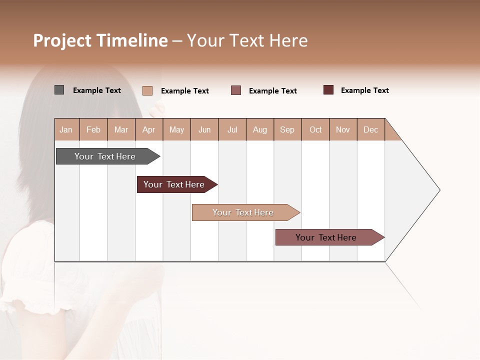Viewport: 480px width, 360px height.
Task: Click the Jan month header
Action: (x=66, y=129)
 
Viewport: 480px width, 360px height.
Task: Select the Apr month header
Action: (x=149, y=129)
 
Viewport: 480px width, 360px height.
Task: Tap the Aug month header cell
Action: (x=260, y=129)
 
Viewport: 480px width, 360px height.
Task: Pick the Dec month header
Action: (x=371, y=129)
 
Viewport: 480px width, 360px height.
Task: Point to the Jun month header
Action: (x=204, y=129)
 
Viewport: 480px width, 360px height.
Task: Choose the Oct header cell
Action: (x=315, y=129)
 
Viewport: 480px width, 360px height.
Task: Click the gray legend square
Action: (x=59, y=90)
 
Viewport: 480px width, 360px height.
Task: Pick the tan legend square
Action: (x=147, y=90)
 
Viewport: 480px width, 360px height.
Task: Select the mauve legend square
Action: (x=236, y=90)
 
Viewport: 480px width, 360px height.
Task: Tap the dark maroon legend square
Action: (x=328, y=90)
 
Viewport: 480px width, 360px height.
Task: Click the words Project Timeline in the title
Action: (x=100, y=40)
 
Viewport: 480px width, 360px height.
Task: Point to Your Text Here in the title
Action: (x=247, y=40)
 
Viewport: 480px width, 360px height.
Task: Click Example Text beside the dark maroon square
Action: (x=364, y=90)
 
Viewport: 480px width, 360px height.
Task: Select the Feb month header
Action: (x=93, y=129)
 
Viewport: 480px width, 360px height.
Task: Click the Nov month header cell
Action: (x=343, y=129)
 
